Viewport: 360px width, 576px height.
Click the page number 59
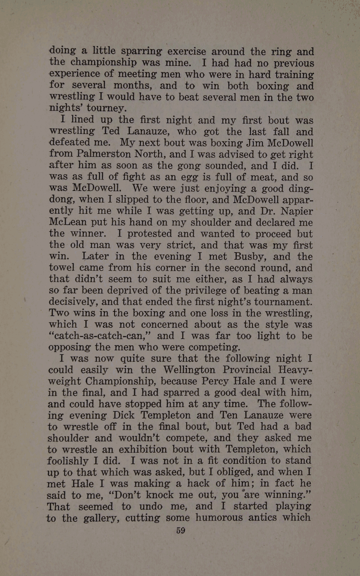tap(181, 531)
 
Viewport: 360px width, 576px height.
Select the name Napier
tap(297, 211)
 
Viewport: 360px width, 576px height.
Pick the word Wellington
tap(189, 370)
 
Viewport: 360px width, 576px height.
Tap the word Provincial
tap(247, 370)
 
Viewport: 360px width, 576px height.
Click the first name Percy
tap(215, 381)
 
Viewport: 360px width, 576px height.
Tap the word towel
tap(61, 268)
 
